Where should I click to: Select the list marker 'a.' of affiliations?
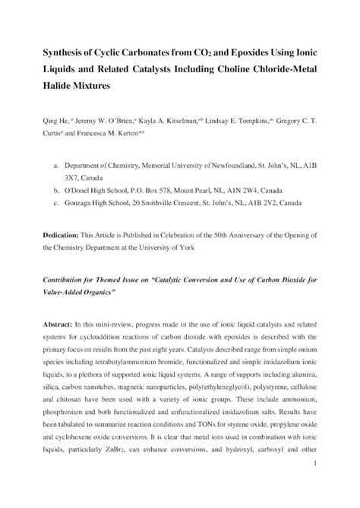tap(49, 164)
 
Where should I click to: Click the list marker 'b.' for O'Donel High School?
tap(49, 193)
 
